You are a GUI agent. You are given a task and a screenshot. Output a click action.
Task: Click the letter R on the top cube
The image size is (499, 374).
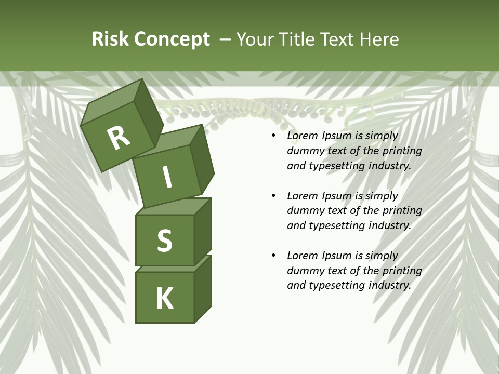[x=119, y=138]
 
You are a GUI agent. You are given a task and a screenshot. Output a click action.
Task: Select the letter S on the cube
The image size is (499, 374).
[x=164, y=241]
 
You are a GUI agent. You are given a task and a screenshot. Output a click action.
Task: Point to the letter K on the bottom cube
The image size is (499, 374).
[x=164, y=299]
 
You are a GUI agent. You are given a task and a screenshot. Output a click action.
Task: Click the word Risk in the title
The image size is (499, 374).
[x=110, y=39]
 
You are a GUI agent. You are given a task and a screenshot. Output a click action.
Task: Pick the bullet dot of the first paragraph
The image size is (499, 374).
[x=273, y=136]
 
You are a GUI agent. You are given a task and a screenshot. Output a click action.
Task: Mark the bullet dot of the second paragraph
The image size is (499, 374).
[x=273, y=196]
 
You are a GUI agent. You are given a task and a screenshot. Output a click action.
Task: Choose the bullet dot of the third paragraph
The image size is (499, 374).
[x=273, y=256]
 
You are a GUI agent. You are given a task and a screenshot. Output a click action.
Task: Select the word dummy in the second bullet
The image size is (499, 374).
[x=304, y=211]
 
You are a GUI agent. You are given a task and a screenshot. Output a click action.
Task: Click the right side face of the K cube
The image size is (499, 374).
[x=203, y=288]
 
